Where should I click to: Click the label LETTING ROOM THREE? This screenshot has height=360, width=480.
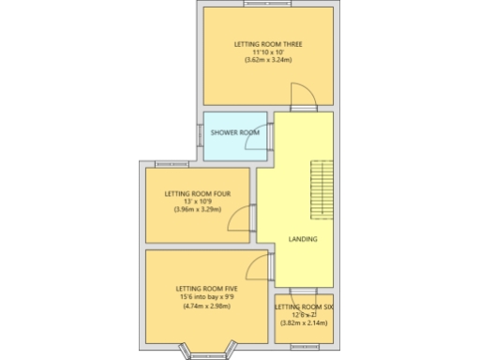(x=267, y=44)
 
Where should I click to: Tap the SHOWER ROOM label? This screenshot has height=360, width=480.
(x=234, y=132)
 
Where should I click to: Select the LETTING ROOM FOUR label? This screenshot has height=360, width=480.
(x=197, y=194)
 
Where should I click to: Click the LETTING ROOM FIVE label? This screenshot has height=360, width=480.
(x=206, y=289)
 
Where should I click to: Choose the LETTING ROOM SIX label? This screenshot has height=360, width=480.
(x=304, y=307)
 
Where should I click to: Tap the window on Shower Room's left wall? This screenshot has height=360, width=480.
(x=200, y=133)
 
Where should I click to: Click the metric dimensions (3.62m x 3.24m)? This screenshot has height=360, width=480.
(x=267, y=60)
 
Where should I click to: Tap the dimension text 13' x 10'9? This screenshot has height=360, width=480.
(x=197, y=202)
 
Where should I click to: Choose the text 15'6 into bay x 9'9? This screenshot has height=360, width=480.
(x=206, y=297)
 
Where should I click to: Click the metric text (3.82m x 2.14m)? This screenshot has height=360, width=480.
(x=304, y=322)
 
